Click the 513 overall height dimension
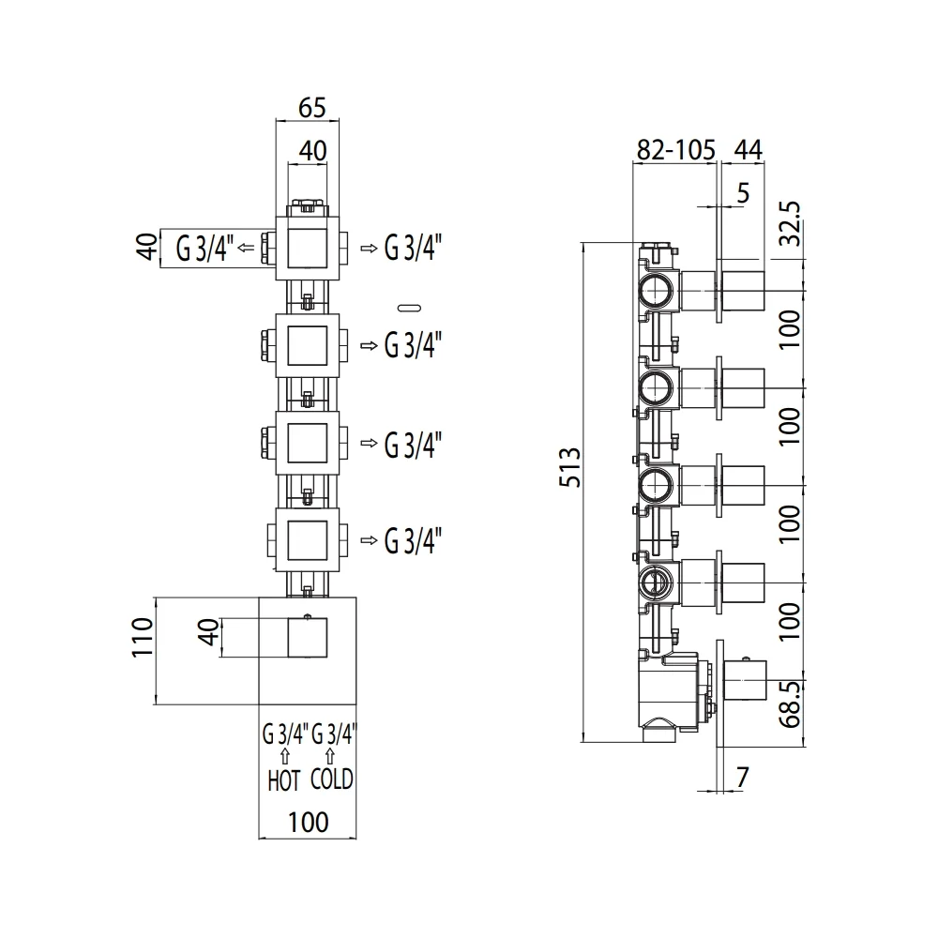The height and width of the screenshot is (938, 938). (x=570, y=466)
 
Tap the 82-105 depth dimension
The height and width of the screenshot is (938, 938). (x=675, y=149)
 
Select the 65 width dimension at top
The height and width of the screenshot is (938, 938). (x=311, y=108)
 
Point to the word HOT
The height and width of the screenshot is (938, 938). (x=283, y=780)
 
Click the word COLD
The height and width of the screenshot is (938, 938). (x=331, y=779)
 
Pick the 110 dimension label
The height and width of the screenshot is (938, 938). (x=143, y=638)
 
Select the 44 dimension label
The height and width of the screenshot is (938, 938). (x=748, y=149)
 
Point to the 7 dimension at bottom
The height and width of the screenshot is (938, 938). (x=742, y=778)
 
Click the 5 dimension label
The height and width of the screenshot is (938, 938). (x=743, y=192)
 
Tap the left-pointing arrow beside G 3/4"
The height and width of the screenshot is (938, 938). (x=246, y=247)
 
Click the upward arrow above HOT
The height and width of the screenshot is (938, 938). (x=285, y=756)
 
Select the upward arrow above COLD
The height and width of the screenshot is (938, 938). (x=329, y=756)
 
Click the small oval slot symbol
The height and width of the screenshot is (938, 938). (x=409, y=308)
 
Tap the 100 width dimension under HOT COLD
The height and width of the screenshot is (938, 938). (x=308, y=822)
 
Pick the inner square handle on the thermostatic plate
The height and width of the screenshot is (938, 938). (x=308, y=638)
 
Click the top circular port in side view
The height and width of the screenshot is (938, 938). (x=657, y=291)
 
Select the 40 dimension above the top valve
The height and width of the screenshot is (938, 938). (x=313, y=151)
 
